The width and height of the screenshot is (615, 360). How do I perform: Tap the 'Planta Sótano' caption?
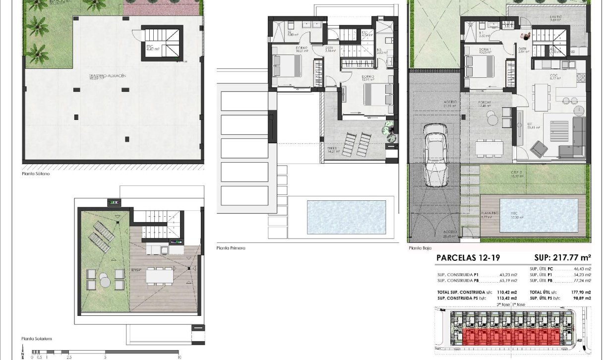tap(36, 174)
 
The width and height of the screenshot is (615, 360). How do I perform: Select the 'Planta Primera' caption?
tap(231, 248)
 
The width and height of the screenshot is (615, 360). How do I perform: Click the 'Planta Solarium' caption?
tap(37, 339)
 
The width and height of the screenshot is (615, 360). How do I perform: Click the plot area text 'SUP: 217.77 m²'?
tap(562, 257)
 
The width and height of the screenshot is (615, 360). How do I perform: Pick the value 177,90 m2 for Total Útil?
tap(580, 293)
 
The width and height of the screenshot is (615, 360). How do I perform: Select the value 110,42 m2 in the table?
tap(507, 293)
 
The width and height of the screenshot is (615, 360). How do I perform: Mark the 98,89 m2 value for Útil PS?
tap(580, 299)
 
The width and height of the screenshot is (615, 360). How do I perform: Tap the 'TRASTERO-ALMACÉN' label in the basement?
tap(99, 74)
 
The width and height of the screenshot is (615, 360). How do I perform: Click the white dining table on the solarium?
tap(160, 274)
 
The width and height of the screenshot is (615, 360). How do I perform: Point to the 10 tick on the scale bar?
tap(178, 357)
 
